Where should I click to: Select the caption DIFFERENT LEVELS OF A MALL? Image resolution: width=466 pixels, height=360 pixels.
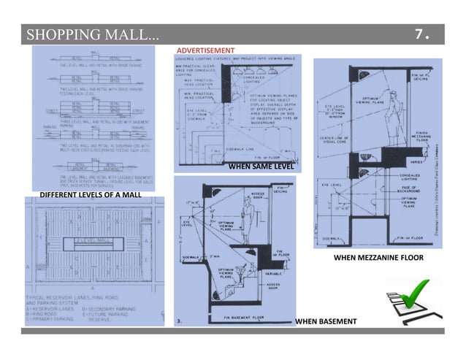[x=85, y=195]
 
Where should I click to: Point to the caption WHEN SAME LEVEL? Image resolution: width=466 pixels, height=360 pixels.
[x=260, y=166]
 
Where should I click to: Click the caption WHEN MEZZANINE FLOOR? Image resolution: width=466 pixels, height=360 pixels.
[x=378, y=258]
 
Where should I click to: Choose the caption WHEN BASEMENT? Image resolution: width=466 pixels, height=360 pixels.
[x=326, y=321]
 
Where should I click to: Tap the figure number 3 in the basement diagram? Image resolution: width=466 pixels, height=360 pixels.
[x=178, y=319]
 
